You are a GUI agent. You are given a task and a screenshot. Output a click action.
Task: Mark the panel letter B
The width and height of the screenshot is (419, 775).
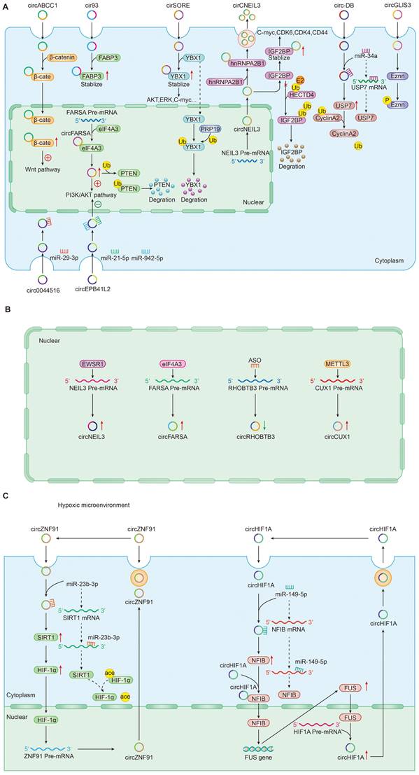coord(6,308)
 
